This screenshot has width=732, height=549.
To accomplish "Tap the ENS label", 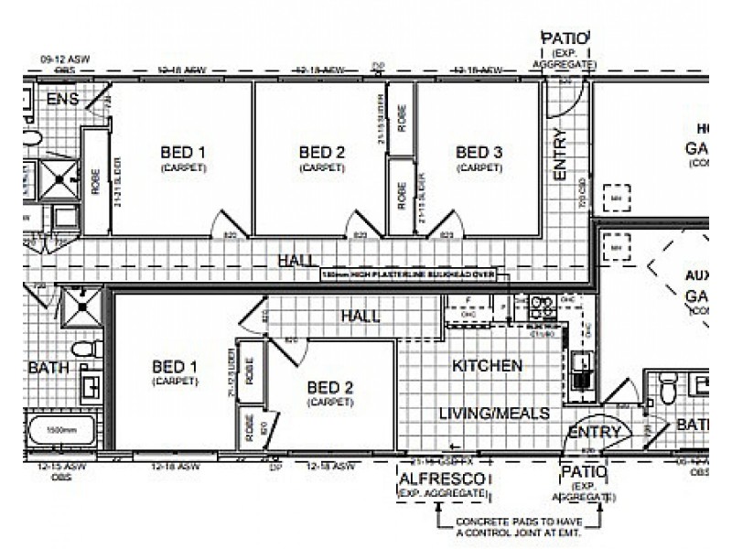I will (62, 99).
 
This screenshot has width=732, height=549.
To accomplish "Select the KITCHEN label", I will (488, 365).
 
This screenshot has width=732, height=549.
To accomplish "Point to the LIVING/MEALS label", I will (494, 414).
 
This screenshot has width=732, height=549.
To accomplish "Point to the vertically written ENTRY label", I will (560, 154).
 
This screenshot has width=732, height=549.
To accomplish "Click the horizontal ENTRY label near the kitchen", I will (595, 432).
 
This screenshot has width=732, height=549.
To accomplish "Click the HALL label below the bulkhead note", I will (360, 316).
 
